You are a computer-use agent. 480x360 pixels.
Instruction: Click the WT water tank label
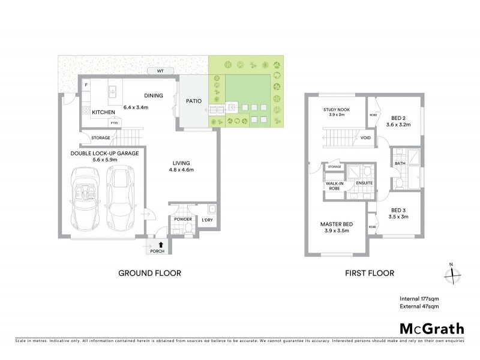tap(160, 71)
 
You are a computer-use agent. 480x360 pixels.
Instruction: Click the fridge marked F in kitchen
tap(86, 85)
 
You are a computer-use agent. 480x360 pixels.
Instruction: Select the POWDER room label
tap(182, 220)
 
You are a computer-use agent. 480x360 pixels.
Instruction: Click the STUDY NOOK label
tap(336, 109)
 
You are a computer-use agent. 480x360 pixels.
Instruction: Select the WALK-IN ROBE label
tap(334, 185)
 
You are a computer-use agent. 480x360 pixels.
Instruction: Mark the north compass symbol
tap(451, 274)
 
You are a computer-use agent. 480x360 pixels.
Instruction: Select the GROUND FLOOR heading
tap(149, 273)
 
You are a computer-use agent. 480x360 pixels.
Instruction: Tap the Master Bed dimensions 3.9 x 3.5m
tap(336, 230)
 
